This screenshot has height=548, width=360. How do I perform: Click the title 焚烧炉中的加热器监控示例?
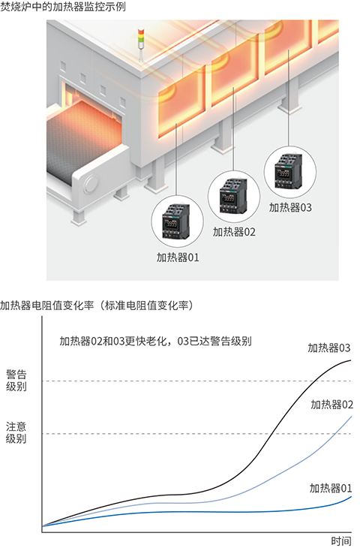63,7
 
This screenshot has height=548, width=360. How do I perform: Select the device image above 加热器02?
234,193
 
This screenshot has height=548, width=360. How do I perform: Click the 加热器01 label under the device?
178,257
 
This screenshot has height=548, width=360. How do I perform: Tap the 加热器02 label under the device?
235,232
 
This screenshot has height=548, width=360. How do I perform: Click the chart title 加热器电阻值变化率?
97,306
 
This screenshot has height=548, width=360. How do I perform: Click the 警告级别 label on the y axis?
16,380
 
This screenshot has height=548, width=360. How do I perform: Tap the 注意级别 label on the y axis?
16,431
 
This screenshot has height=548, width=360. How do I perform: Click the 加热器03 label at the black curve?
329,348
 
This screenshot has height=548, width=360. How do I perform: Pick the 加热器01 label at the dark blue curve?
331,488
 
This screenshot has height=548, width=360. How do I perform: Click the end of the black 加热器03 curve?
350,361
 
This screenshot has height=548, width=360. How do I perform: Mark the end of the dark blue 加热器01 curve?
350,496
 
